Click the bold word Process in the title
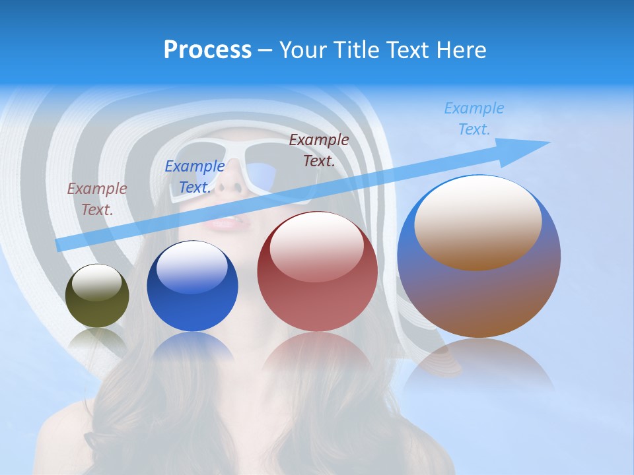207,49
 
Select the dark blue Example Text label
195,177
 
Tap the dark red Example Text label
319,150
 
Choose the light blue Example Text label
474,119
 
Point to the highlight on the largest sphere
478,222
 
